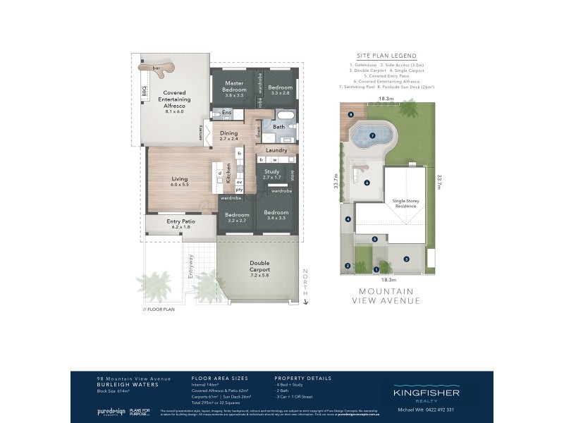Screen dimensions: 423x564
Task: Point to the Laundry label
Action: click(x=276, y=149)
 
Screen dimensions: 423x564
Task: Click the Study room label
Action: click(x=271, y=172)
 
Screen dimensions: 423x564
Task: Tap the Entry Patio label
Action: click(x=180, y=221)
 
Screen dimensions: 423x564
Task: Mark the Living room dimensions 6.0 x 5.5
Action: click(x=180, y=184)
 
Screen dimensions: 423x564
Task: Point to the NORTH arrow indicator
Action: click(x=305, y=286)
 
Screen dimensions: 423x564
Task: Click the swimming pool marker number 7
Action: click(x=372, y=135)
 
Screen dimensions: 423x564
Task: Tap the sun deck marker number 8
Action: click(x=350, y=114)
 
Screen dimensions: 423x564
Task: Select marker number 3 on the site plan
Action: click(x=406, y=259)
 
